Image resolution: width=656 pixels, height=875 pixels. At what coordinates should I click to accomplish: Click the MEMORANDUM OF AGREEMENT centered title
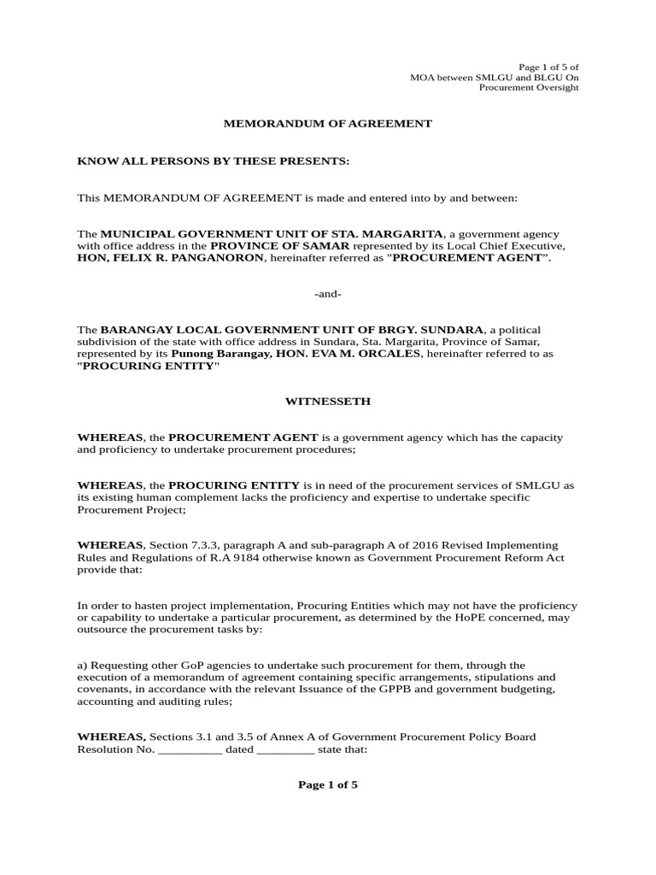328,124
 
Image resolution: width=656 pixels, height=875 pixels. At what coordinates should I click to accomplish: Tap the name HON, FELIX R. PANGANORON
171,258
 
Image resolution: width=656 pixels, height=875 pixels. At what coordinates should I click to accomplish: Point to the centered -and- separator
328,294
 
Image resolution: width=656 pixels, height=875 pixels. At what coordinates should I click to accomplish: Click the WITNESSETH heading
327,401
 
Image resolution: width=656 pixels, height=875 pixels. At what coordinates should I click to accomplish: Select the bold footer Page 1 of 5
328,785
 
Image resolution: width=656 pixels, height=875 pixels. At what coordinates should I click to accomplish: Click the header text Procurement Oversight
529,88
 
